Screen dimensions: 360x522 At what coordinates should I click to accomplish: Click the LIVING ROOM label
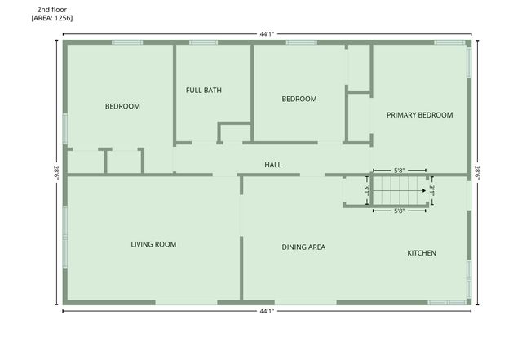[153, 244]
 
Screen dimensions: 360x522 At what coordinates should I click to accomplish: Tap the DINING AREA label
[303, 247]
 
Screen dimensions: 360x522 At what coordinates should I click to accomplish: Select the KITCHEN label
[421, 253]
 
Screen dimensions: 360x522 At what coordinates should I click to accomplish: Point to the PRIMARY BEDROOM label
[419, 115]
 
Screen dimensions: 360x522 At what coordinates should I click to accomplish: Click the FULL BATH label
[203, 91]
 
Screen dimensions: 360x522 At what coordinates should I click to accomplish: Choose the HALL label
[272, 165]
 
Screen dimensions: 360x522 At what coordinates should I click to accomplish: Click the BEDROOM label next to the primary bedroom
[299, 100]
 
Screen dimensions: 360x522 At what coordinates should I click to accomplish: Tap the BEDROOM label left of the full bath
[122, 106]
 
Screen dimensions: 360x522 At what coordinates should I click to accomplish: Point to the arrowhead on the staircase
[424, 190]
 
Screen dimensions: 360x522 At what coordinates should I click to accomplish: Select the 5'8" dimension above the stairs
[399, 171]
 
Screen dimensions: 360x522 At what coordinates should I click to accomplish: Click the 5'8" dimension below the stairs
[399, 211]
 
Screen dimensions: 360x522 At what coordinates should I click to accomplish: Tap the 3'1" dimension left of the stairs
[367, 190]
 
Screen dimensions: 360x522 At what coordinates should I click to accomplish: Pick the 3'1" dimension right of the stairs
[432, 190]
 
